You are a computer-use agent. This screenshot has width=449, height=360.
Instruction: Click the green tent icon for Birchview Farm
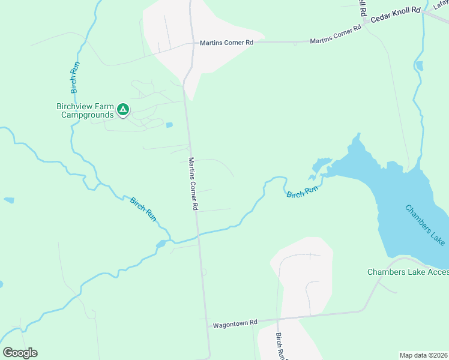123,109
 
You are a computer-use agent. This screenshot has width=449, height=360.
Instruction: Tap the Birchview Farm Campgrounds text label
85,110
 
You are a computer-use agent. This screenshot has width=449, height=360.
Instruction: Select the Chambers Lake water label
425,224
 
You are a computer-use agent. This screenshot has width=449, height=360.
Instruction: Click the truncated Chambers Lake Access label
408,272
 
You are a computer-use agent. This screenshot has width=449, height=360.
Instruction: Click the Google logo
20,353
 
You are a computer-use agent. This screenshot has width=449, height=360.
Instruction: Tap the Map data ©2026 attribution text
423,355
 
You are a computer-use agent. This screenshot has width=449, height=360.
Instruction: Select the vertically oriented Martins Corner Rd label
193,183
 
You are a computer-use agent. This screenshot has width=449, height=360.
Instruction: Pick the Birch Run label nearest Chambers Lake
301,193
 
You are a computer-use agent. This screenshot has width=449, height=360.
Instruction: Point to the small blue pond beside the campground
169,125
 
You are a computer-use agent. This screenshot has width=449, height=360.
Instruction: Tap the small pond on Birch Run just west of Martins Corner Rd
161,244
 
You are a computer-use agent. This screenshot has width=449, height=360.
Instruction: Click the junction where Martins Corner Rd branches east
192,43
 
